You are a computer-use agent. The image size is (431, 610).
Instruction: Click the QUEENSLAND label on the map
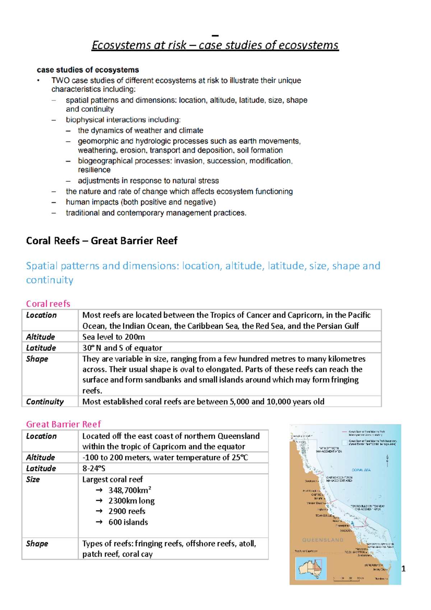tap(323, 540)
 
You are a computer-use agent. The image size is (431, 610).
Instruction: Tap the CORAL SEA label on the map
tap(361, 470)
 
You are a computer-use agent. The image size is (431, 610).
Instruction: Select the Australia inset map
tap(311, 568)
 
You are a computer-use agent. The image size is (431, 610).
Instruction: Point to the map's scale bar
tap(348, 578)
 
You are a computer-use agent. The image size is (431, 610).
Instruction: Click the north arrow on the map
tap(387, 460)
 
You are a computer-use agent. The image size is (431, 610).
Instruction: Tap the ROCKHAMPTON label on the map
tap(356, 552)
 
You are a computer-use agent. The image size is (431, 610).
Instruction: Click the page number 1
tap(403, 569)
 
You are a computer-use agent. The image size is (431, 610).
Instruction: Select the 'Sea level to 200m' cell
tap(113, 337)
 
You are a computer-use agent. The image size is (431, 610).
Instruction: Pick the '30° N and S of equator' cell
tap(122, 348)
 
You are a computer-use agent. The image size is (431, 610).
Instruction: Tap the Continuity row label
tap(45, 402)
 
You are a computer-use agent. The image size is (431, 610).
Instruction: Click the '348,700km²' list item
tap(130, 490)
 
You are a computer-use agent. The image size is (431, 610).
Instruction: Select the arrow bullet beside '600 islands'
tap(99, 522)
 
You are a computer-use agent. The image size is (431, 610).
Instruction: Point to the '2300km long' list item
tap(131, 501)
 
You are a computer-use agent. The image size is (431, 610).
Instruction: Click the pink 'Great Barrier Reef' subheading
tap(64, 424)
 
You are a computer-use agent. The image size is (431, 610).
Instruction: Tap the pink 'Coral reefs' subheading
tap(48, 304)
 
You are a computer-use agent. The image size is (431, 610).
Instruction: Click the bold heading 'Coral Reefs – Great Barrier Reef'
tap(102, 241)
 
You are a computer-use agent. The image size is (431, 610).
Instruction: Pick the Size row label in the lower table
tap(33, 479)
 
